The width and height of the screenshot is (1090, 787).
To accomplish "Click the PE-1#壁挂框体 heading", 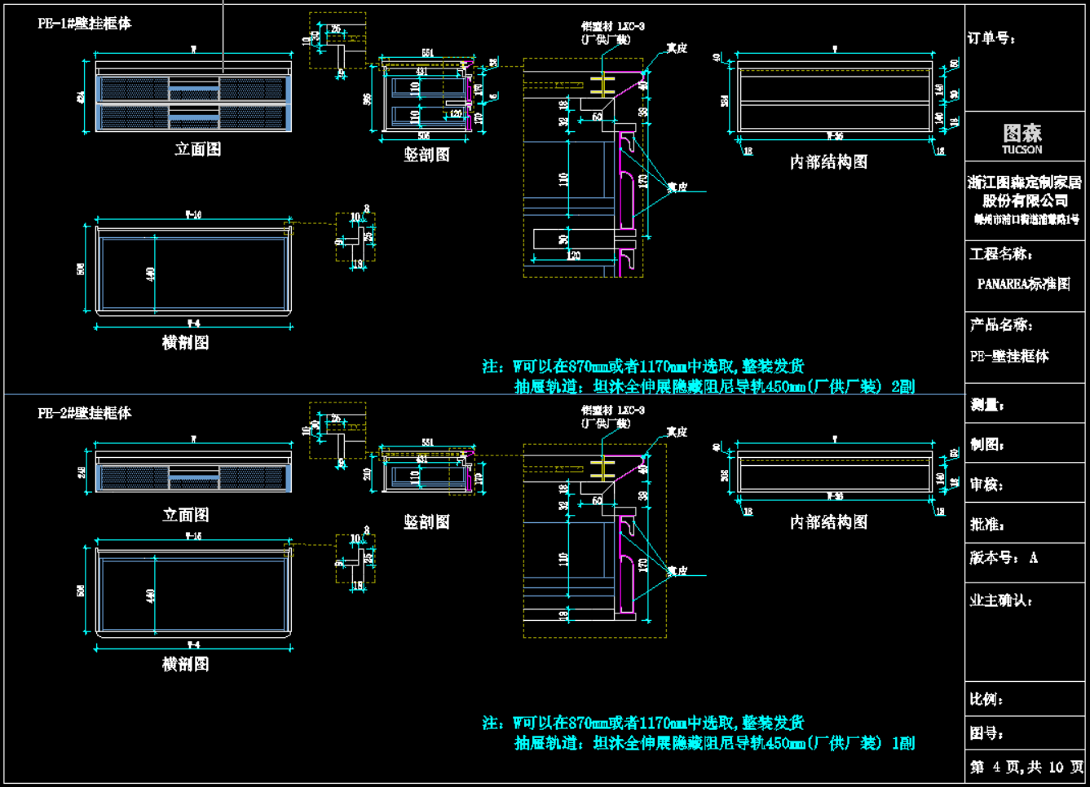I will tap(84, 24).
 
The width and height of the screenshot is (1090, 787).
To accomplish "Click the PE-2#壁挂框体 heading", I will tap(84, 413).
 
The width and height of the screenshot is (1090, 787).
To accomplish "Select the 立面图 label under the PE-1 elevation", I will tap(197, 149).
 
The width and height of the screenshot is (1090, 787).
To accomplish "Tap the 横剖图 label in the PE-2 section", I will tap(185, 664).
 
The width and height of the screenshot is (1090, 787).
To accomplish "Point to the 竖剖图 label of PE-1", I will tap(426, 154).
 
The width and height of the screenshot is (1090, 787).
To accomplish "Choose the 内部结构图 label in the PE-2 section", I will tap(828, 521).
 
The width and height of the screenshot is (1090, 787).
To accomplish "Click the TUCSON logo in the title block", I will tap(1022, 138).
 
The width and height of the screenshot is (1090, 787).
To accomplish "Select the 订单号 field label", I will tap(991, 38).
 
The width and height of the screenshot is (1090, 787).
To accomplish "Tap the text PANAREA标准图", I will tap(1023, 284).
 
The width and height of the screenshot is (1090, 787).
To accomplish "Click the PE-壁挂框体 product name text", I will tap(1009, 356).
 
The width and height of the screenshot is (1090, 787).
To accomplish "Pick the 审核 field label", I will tap(986, 485).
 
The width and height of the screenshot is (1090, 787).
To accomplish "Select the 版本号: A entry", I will tap(1004, 558).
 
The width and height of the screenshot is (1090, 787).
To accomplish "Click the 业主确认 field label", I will tap(1001, 600).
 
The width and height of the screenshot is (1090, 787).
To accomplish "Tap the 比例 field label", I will tap(986, 699).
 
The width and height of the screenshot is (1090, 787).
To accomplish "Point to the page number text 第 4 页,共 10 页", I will tap(1026, 767).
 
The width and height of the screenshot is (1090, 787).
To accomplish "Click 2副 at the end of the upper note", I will tap(902, 386).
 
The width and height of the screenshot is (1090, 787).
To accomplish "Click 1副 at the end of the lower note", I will tap(902, 743).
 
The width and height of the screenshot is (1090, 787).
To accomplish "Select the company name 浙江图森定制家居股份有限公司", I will tap(1025, 191).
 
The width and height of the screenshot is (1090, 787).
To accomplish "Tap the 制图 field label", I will tap(986, 445).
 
